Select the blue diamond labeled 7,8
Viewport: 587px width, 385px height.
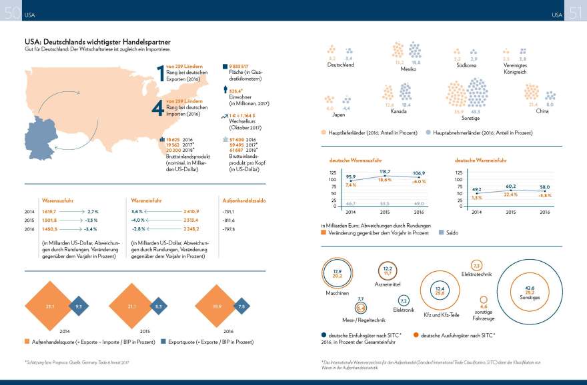click(x=241, y=306)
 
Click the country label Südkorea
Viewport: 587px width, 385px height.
click(x=466, y=65)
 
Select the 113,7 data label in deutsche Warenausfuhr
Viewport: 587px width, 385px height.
click(x=384, y=172)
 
